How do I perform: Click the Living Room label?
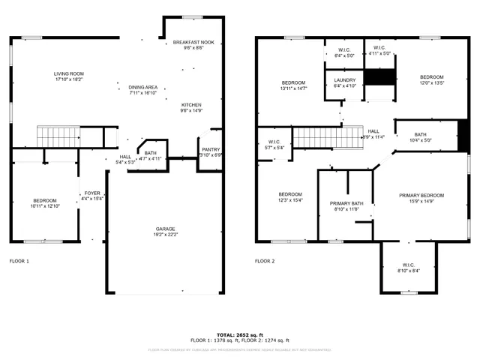click(67, 73)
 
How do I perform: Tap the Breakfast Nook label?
click(193, 42)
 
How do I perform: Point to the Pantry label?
click(211, 149)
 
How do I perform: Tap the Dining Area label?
click(142, 88)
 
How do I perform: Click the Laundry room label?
click(345, 79)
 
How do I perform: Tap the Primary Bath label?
click(346, 203)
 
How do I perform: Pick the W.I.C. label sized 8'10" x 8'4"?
click(408, 265)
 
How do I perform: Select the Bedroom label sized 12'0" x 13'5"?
click(431, 77)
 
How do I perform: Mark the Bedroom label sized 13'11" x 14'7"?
click(293, 82)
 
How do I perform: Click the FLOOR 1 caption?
click(19, 261)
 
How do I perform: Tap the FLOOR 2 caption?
click(265, 261)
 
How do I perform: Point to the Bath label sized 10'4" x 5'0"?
click(420, 134)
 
